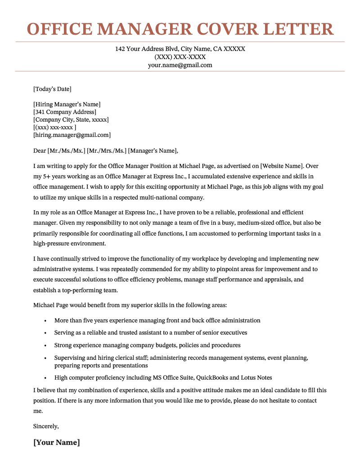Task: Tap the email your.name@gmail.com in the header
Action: pyautogui.click(x=180, y=65)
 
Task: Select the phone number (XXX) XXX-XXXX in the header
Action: pyautogui.click(x=180, y=57)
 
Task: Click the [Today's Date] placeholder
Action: pyautogui.click(x=52, y=89)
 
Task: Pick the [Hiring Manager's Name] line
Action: pyautogui.click(x=67, y=104)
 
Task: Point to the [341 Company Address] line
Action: pyautogui.click(x=65, y=112)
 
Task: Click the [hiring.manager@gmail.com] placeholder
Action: pyautogui.click(x=72, y=135)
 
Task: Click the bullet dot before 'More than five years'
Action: pyautogui.click(x=45, y=321)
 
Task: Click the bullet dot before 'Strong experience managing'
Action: pyautogui.click(x=45, y=345)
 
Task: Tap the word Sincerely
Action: pyautogui.click(x=46, y=425)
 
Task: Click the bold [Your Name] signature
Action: pyautogui.click(x=57, y=442)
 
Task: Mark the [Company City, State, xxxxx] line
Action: pyautogui.click(x=71, y=119)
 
